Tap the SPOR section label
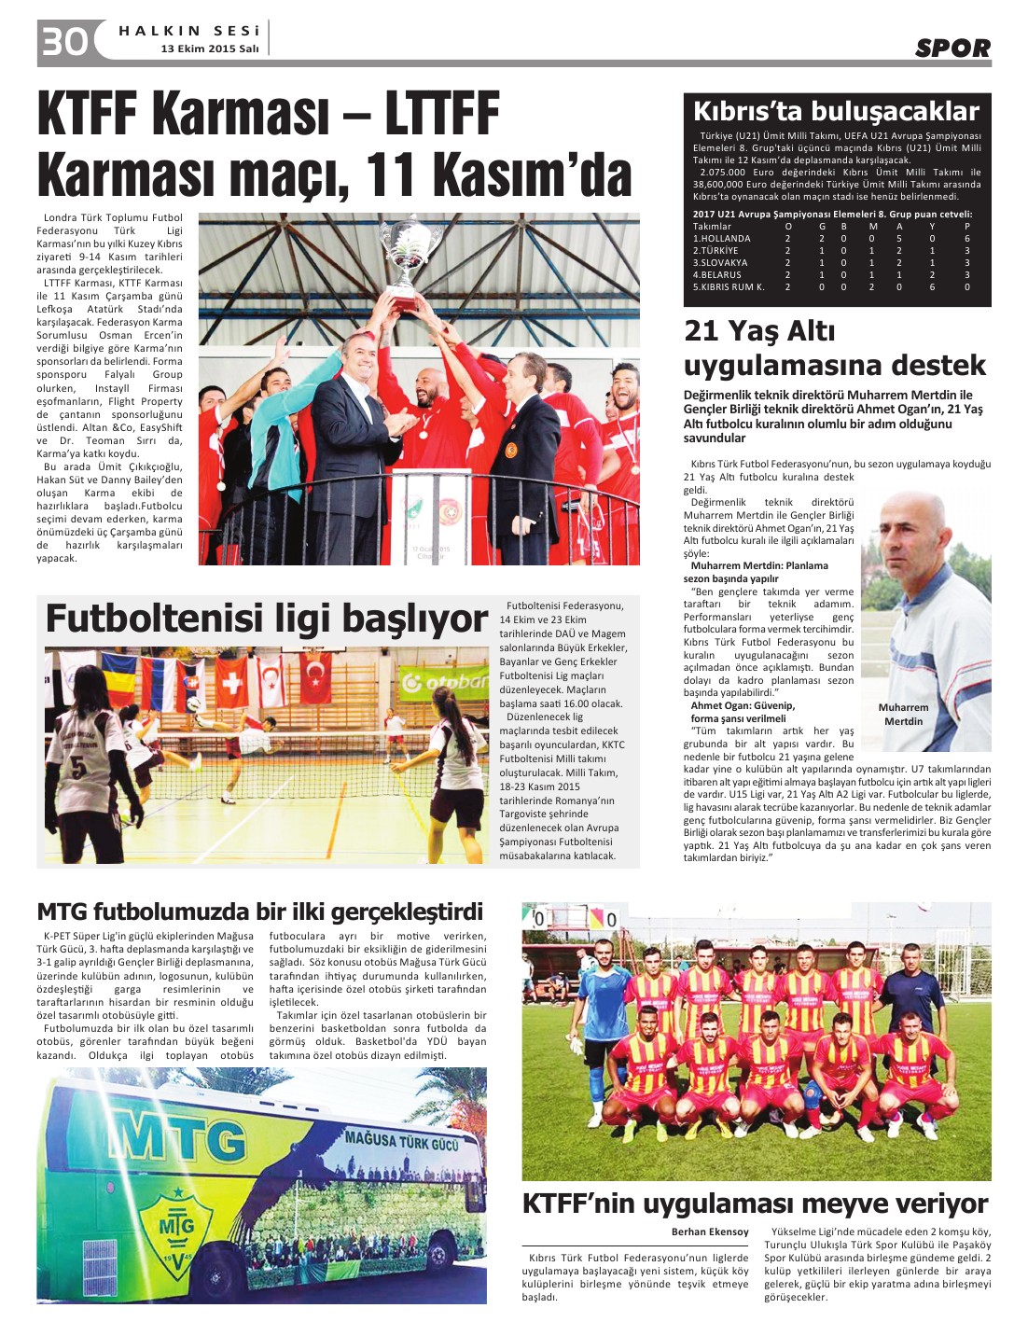tap(952, 49)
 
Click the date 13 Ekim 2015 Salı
tap(209, 49)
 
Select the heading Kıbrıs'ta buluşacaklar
tap(836, 112)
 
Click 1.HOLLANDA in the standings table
tap(721, 239)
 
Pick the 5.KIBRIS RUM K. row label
tap(729, 287)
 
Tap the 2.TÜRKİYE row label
tap(715, 251)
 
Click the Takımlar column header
tap(712, 227)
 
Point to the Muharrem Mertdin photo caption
tap(903, 714)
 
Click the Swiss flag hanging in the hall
tap(231, 679)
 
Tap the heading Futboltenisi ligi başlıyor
tap(267, 619)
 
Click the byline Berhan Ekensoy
tap(710, 1232)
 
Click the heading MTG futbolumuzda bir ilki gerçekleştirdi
tap(260, 911)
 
